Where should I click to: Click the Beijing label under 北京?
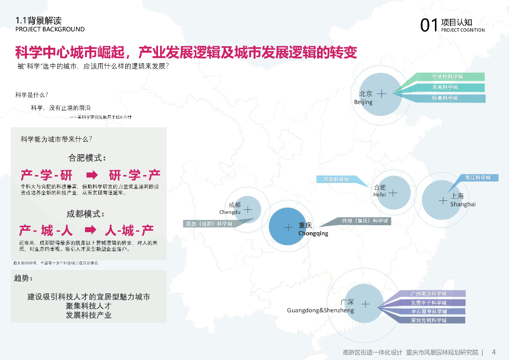click(x=363, y=102)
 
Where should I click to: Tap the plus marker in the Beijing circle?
click(x=381, y=93)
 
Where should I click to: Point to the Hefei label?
click(x=379, y=194)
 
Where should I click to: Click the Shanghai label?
click(x=463, y=204)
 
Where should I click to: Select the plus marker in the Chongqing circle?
click(x=288, y=227)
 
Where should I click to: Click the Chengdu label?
click(x=230, y=212)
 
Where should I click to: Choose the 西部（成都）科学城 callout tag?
click(x=209, y=224)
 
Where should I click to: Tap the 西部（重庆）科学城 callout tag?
click(x=364, y=220)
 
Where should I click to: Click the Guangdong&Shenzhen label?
click(x=320, y=310)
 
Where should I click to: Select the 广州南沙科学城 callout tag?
click(x=428, y=294)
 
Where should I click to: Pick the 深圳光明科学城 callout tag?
click(x=428, y=321)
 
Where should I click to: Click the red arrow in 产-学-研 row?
click(x=92, y=175)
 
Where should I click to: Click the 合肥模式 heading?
click(x=87, y=158)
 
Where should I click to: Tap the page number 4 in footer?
click(x=494, y=352)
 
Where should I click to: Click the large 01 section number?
click(x=429, y=25)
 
